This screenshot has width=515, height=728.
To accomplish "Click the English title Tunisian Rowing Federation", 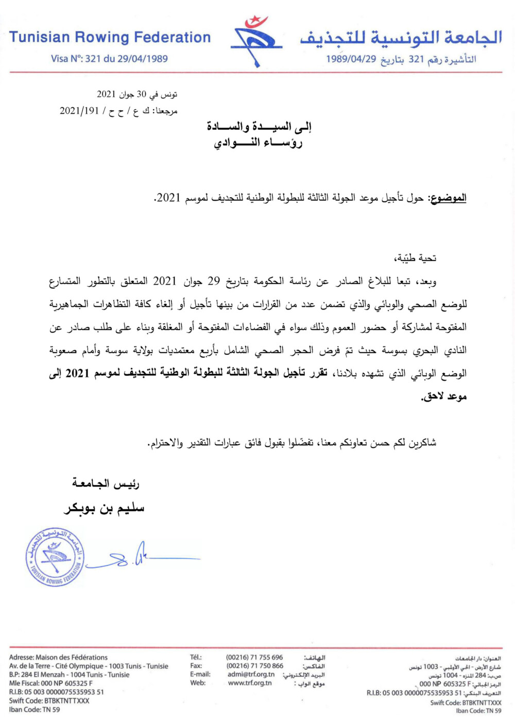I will (110, 38).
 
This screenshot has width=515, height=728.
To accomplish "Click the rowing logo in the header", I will (256, 41).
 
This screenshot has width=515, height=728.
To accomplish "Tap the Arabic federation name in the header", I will (401, 38).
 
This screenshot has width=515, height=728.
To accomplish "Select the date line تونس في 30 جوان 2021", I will (137, 94).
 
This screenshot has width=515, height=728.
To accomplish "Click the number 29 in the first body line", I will (214, 281).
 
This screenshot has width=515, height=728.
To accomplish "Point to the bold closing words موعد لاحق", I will (444, 396).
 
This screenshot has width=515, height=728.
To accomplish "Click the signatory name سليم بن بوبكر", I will (105, 509).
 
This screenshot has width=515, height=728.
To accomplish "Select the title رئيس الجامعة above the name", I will (106, 483).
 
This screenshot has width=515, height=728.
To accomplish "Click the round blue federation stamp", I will (55, 557).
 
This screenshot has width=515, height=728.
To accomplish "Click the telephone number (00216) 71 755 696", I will (254, 657).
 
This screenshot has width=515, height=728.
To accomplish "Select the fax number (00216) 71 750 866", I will (254, 666).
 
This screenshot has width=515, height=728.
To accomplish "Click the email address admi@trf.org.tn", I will (251, 674).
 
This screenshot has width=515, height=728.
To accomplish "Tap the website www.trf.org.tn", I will (250, 683).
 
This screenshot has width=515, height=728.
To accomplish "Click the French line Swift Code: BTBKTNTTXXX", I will (49, 701).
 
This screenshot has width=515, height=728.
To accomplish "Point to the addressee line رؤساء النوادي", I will (258, 143).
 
